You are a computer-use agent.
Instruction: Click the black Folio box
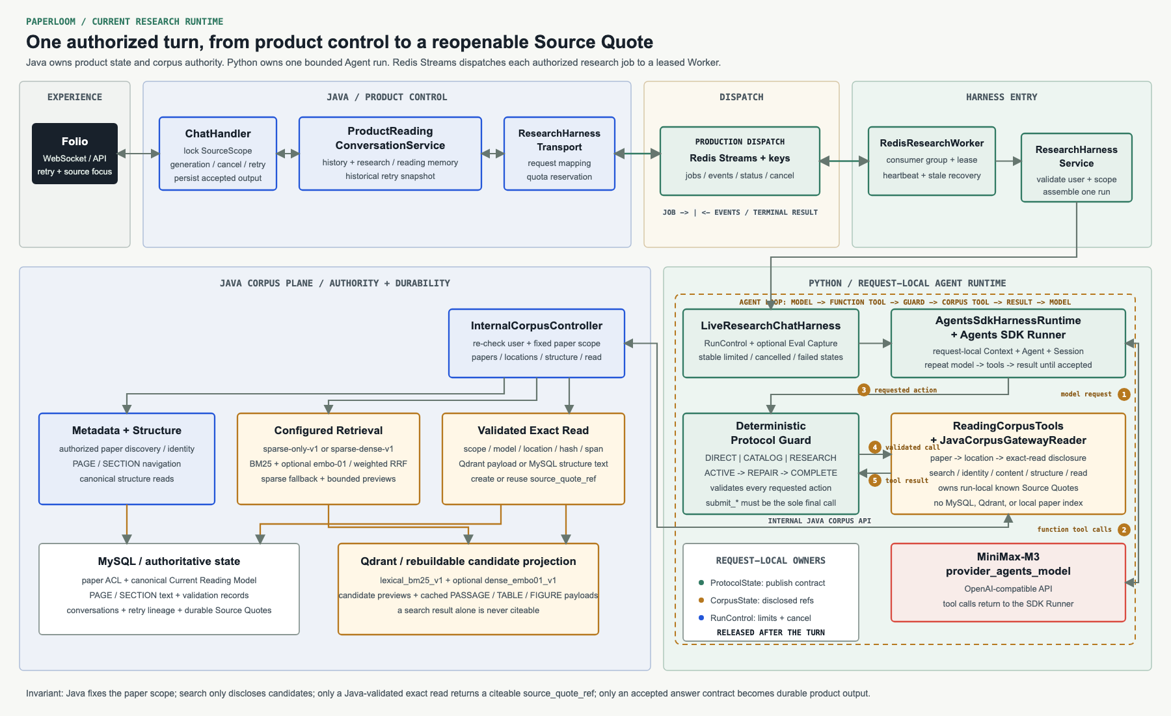pyautogui.click(x=75, y=154)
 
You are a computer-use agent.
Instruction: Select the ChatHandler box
pyautogui.click(x=218, y=154)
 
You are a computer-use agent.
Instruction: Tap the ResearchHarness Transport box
pyautogui.click(x=559, y=154)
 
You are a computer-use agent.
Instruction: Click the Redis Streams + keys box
pyautogui.click(x=740, y=161)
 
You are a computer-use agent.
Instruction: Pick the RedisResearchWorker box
pyautogui.click(x=932, y=161)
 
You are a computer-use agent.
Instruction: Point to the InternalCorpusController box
pyautogui.click(x=537, y=343)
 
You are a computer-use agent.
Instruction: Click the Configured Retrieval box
pyautogui.click(x=329, y=459)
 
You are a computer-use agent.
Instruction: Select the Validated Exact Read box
pyautogui.click(x=533, y=459)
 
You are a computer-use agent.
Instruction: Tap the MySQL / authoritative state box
pyautogui.click(x=169, y=589)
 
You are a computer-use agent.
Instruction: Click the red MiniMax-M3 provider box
pyautogui.click(x=1008, y=583)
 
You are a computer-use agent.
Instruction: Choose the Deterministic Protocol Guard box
pyautogui.click(x=771, y=463)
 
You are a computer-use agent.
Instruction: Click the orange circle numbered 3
pyautogui.click(x=864, y=390)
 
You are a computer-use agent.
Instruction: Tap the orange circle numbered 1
pyautogui.click(x=1124, y=394)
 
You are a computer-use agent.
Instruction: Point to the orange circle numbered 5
pyautogui.click(x=875, y=480)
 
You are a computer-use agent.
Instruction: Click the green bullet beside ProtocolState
pyautogui.click(x=701, y=583)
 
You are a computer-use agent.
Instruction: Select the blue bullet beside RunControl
pyautogui.click(x=701, y=618)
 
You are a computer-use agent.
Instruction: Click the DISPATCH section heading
pyautogui.click(x=742, y=97)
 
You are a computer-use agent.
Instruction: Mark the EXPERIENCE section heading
pyautogui.click(x=75, y=97)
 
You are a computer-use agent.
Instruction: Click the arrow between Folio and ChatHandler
pyautogui.click(x=139, y=154)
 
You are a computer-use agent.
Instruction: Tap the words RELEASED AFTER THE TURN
pyautogui.click(x=771, y=633)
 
